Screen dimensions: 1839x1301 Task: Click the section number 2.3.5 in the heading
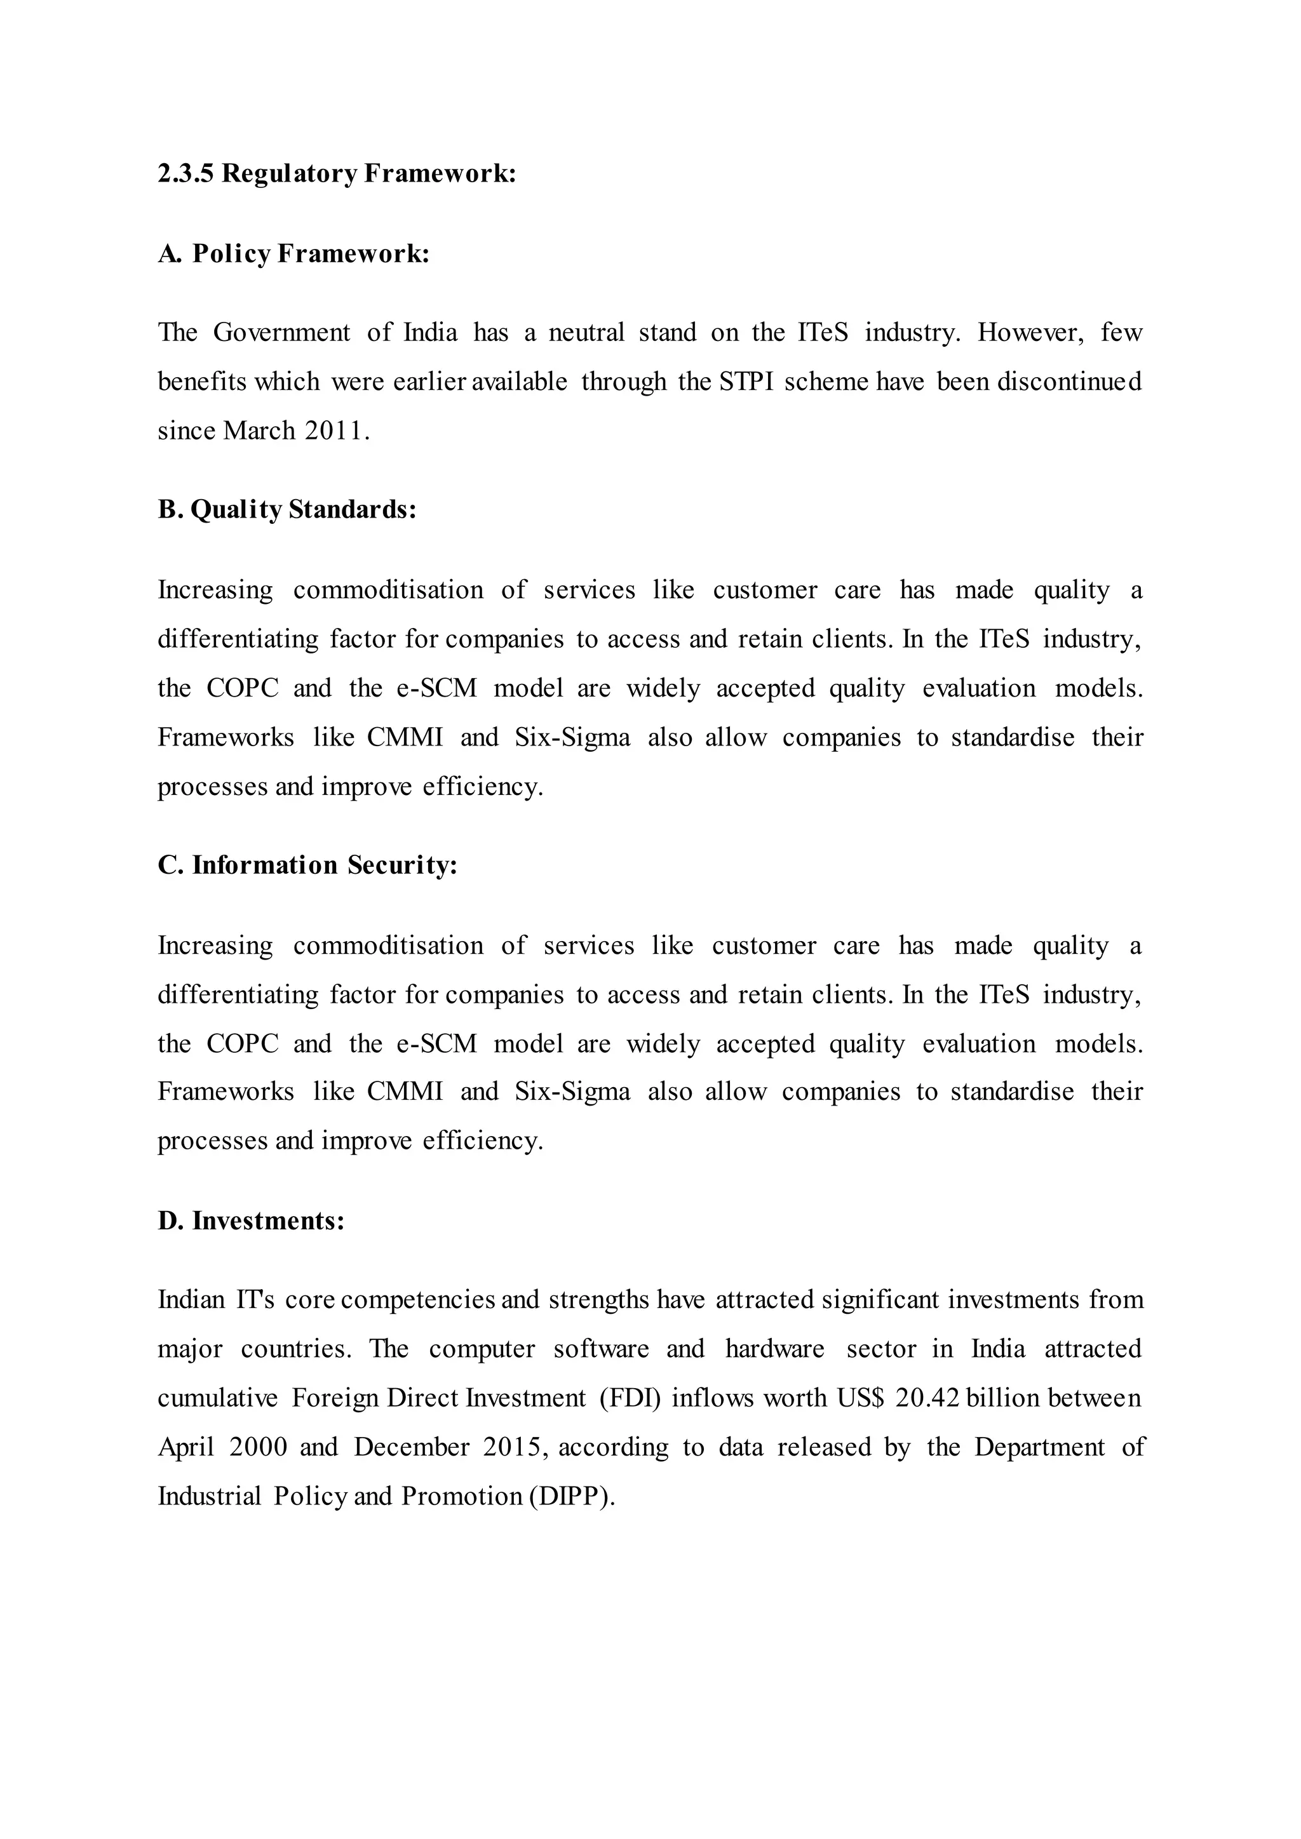pos(186,174)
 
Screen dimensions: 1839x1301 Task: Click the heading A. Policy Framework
pos(293,254)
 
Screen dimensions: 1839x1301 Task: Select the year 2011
pos(334,431)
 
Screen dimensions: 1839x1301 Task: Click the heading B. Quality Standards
pos(286,509)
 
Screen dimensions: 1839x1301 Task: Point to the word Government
pos(281,332)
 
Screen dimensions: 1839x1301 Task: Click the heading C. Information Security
pos(307,865)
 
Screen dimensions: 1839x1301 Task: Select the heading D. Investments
pos(251,1220)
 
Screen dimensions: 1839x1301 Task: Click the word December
pos(412,1447)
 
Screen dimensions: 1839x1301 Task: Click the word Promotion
pos(461,1496)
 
